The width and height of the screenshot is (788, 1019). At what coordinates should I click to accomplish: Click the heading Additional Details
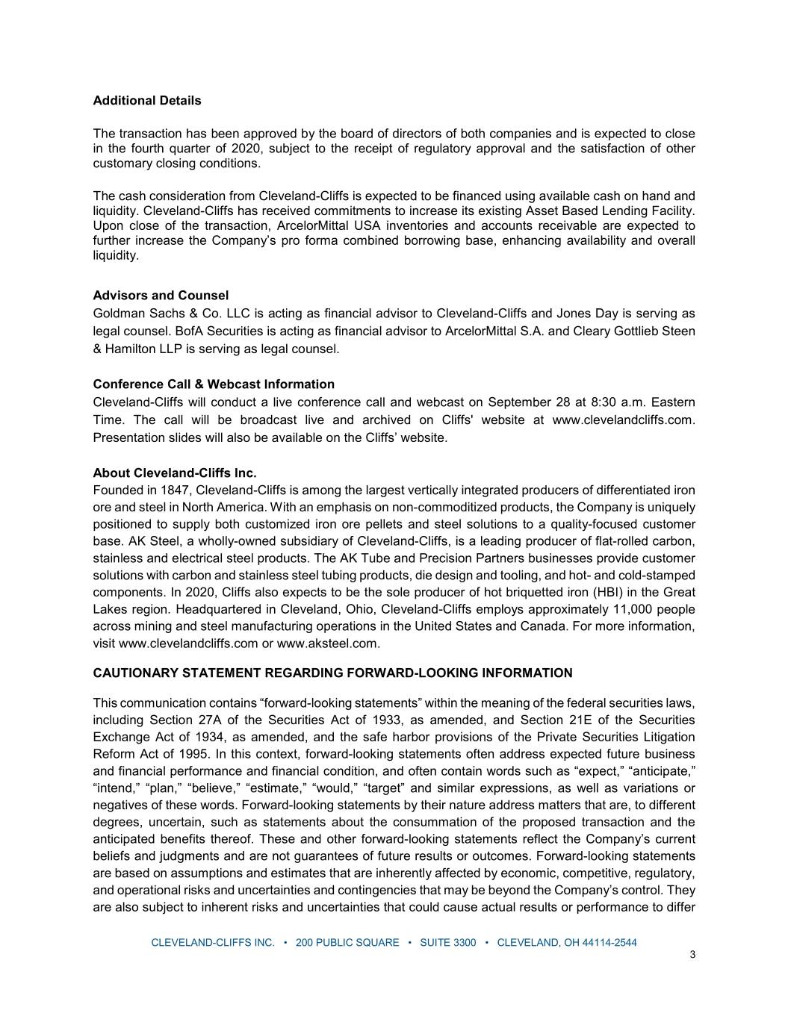(147, 101)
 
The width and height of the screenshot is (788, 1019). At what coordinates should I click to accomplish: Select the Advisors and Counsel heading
(161, 296)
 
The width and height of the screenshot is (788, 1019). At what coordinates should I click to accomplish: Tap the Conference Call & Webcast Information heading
(214, 384)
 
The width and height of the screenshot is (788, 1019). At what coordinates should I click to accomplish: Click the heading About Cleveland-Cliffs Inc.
(175, 473)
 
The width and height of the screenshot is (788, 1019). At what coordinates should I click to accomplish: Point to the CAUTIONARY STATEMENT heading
(332, 673)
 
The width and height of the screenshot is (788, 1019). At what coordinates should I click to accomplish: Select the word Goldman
(118, 314)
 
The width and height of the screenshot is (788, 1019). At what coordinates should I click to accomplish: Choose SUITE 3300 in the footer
(447, 943)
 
